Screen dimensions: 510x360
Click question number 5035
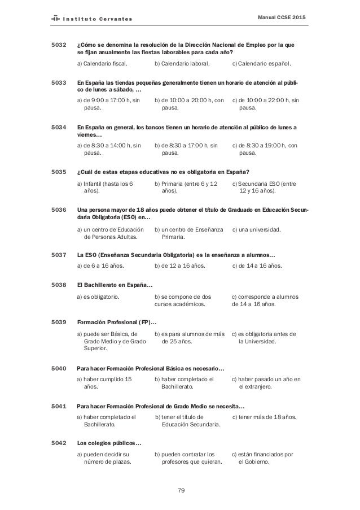click(x=59, y=172)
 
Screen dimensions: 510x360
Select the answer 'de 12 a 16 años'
click(x=180, y=265)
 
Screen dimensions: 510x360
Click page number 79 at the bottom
click(x=181, y=490)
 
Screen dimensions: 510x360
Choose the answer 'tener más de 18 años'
click(x=264, y=417)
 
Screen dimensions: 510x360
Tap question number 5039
click(x=59, y=321)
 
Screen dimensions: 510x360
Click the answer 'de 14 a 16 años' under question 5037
click(x=258, y=265)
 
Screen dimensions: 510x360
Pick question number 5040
click(x=59, y=368)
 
